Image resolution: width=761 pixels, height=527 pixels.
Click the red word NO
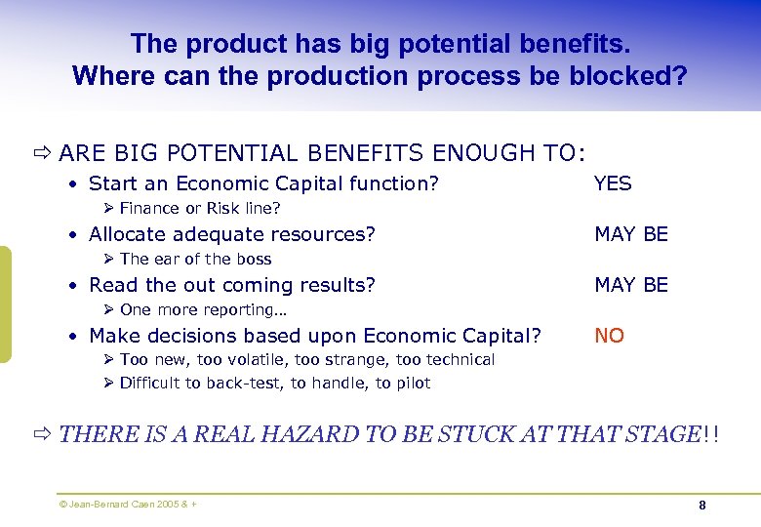(x=609, y=336)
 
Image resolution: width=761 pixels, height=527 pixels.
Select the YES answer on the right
(x=613, y=183)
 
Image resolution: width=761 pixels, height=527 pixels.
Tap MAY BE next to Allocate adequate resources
(x=631, y=234)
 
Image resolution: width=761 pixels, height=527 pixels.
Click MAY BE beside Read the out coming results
(x=631, y=285)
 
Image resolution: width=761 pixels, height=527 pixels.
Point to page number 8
(x=702, y=505)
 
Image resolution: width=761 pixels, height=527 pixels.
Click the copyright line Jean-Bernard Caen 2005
(x=127, y=505)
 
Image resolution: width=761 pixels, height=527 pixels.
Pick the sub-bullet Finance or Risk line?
(x=199, y=208)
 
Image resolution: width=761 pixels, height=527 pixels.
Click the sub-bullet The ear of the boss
(x=195, y=259)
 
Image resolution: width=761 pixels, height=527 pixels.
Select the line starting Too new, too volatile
(x=306, y=359)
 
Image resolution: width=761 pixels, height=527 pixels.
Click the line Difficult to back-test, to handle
(x=274, y=383)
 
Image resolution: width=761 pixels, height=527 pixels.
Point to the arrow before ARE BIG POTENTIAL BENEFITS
(x=42, y=152)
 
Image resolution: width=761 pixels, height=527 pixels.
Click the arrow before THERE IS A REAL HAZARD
(x=42, y=434)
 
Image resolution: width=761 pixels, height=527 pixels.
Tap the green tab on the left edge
(x=5, y=304)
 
